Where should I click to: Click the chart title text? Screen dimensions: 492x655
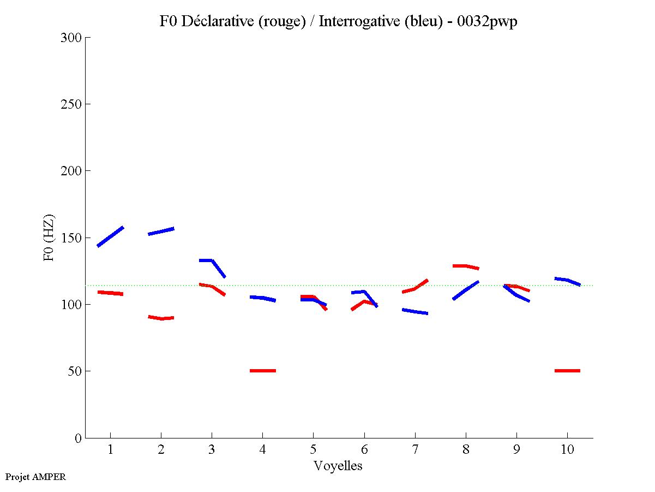click(x=338, y=21)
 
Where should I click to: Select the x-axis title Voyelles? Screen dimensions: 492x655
click(x=338, y=466)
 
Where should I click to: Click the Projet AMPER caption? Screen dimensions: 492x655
click(x=35, y=477)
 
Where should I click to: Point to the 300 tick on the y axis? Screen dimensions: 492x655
click(x=72, y=38)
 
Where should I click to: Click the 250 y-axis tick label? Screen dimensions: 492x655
click(x=72, y=104)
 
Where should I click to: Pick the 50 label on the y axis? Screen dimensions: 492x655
click(x=75, y=371)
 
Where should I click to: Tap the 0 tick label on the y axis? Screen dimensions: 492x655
click(x=77, y=438)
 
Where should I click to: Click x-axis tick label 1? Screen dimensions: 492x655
click(x=110, y=450)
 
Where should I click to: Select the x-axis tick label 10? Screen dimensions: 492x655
click(x=567, y=450)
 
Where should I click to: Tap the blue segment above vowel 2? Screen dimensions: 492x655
click(x=161, y=231)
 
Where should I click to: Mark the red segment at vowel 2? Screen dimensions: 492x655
click(x=161, y=318)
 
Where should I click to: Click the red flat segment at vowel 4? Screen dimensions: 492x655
click(x=263, y=371)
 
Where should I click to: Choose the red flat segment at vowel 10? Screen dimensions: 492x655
click(x=567, y=371)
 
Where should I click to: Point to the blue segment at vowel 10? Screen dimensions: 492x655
click(x=567, y=281)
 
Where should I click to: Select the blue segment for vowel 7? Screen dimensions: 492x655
click(x=414, y=311)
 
